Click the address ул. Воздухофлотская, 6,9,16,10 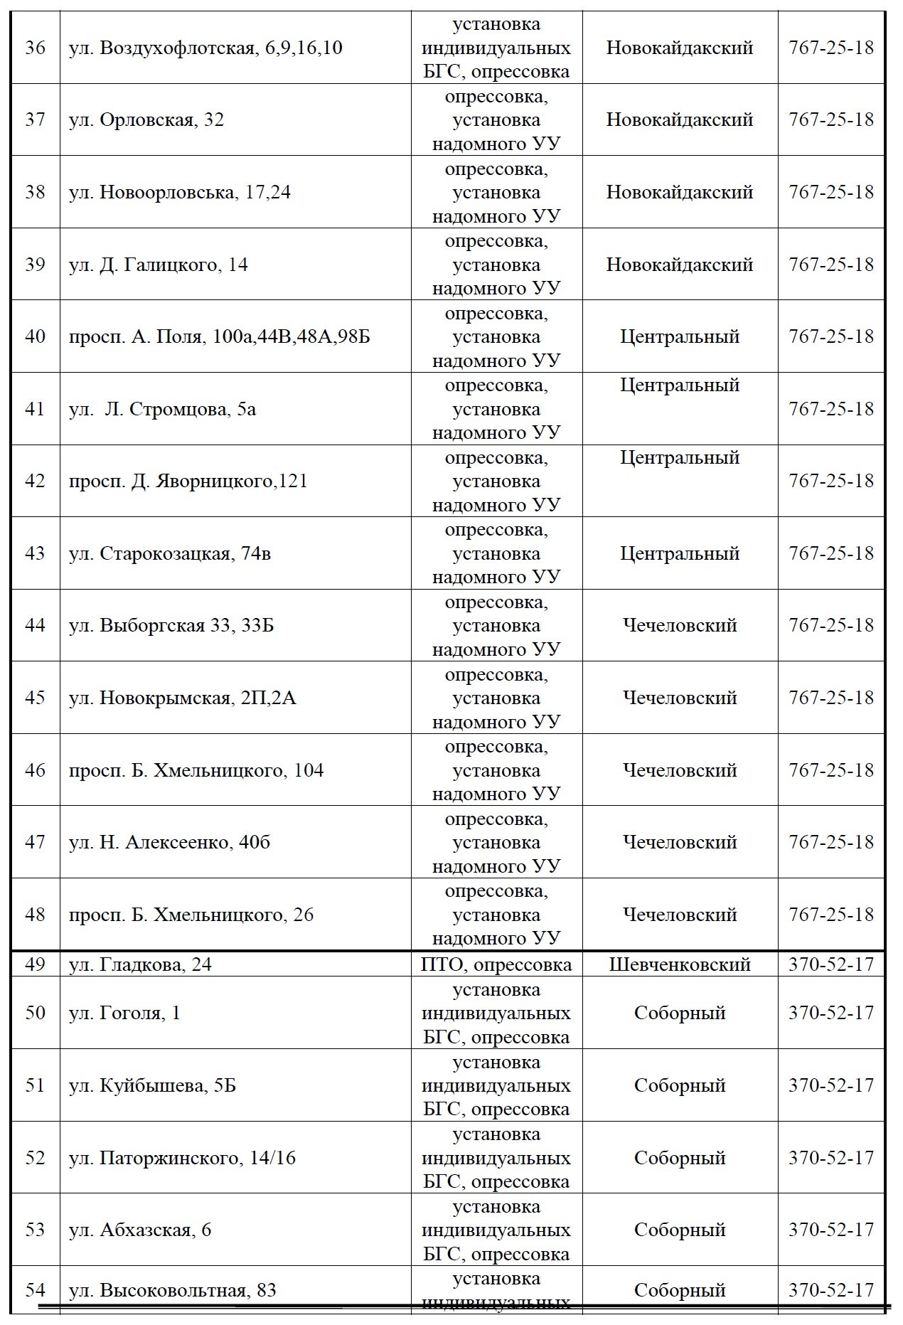pos(205,48)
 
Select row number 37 pos(35,119)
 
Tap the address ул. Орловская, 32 pos(146,119)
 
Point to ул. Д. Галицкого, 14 pos(159,265)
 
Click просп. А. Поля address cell pos(220,336)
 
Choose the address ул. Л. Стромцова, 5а pos(163,410)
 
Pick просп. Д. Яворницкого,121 pos(188,481)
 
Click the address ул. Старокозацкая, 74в pos(170,554)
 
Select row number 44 pos(35,626)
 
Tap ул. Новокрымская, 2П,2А pos(182,698)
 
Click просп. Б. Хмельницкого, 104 pos(196,770)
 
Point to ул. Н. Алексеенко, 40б pos(170,843)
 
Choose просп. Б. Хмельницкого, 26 pos(191,915)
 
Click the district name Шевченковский pos(680,964)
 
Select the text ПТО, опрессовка pos(496,964)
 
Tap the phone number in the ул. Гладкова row pos(830,964)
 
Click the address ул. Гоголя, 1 pos(125,1013)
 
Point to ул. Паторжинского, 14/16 pos(182,1158)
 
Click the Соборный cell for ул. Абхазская pos(680,1230)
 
